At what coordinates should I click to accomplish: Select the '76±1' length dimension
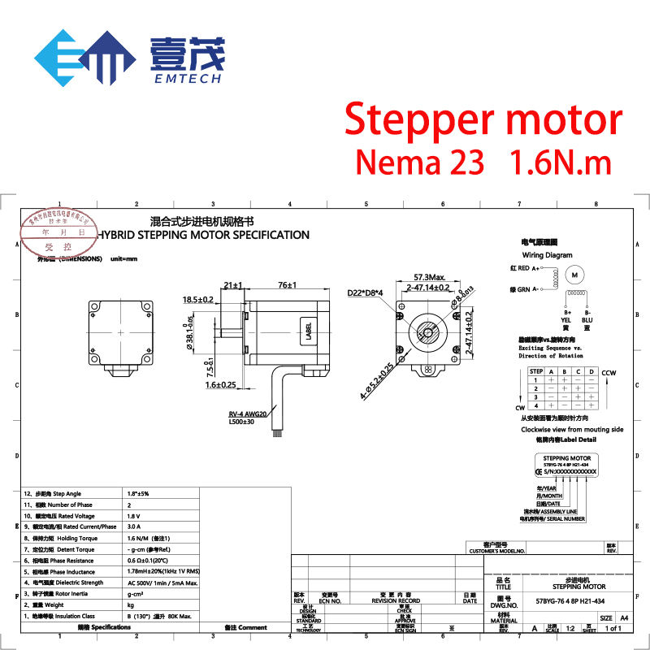pyautogui.click(x=285, y=285)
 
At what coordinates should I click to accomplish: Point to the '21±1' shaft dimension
pyautogui.click(x=233, y=285)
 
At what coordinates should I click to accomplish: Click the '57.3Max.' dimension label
pyautogui.click(x=428, y=277)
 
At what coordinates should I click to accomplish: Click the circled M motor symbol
pyautogui.click(x=575, y=275)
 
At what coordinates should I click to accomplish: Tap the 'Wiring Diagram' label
pyautogui.click(x=548, y=255)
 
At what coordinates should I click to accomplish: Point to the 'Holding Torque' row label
pyautogui.click(x=79, y=539)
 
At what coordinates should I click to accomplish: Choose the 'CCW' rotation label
pyautogui.click(x=610, y=373)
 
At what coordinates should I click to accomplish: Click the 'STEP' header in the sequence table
pyautogui.click(x=536, y=371)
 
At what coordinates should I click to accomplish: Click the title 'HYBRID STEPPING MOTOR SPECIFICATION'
pyautogui.click(x=203, y=235)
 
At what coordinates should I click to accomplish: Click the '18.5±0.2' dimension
pyautogui.click(x=198, y=299)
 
